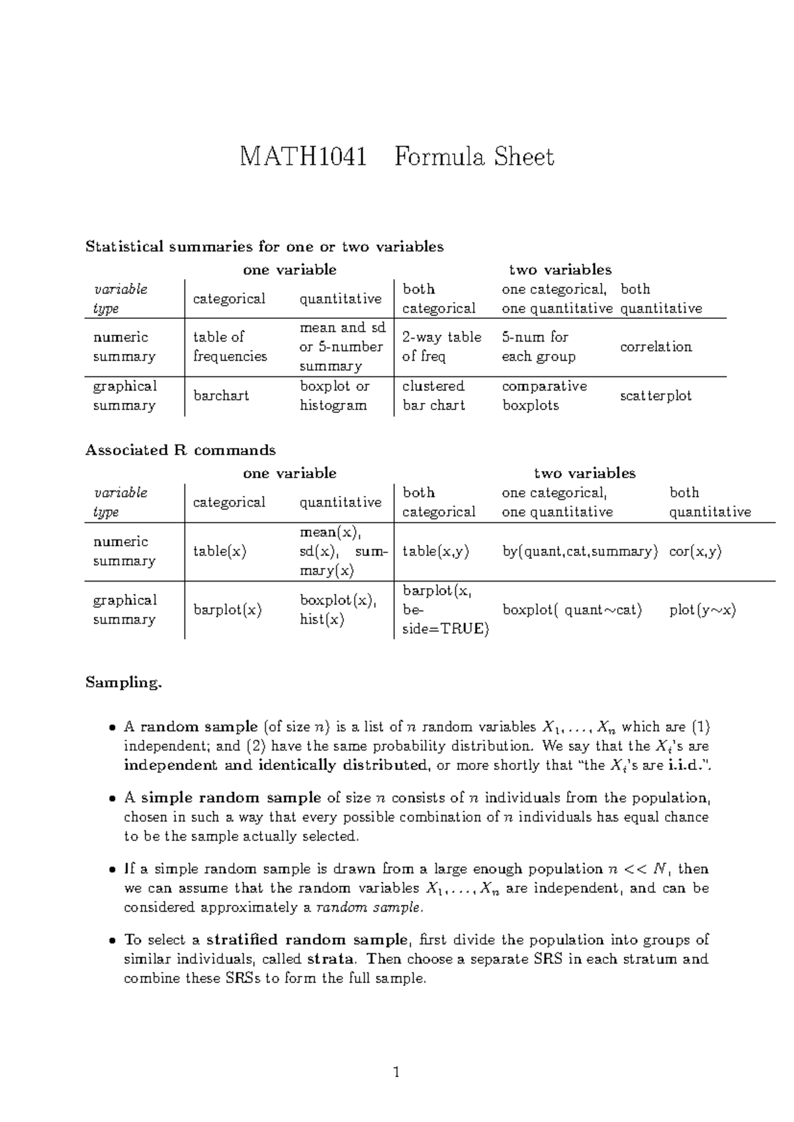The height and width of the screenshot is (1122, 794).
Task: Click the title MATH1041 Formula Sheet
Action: [396, 157]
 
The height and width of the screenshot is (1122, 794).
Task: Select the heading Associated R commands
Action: [180, 451]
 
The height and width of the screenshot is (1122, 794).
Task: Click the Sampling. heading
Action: [123, 683]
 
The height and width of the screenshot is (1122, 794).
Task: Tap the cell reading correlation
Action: [656, 347]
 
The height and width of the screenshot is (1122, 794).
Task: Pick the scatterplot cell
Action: [656, 396]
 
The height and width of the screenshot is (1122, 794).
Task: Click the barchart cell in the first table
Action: [221, 396]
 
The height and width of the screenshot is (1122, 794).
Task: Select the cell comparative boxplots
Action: [544, 396]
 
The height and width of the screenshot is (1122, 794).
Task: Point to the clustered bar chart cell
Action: [433, 396]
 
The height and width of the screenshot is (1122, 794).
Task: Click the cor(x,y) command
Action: [695, 551]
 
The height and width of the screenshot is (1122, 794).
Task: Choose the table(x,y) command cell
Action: [435, 551]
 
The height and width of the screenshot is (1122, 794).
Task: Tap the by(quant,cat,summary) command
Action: [580, 551]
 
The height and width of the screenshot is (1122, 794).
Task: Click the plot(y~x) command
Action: [703, 610]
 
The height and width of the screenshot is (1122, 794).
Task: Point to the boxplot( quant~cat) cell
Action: [572, 610]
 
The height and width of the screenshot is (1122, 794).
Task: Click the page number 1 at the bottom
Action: [396, 1073]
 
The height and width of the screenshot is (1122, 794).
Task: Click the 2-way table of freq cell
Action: [441, 347]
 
